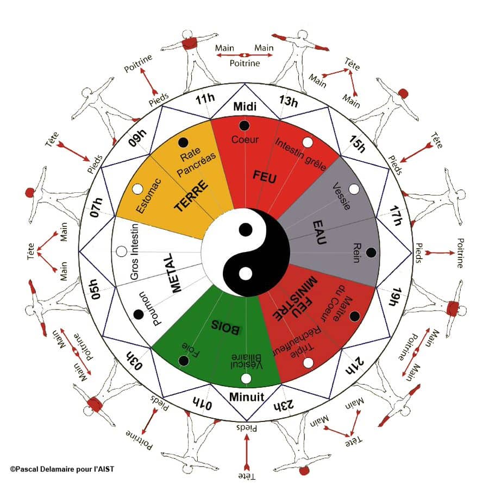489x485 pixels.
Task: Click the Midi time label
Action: click(x=245, y=106)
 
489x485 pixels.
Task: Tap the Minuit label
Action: click(x=246, y=397)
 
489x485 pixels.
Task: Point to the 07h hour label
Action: click(x=96, y=207)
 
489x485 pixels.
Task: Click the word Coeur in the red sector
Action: click(x=245, y=140)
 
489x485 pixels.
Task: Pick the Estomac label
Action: click(x=149, y=196)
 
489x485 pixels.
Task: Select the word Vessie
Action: click(x=342, y=196)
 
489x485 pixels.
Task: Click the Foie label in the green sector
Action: click(x=191, y=350)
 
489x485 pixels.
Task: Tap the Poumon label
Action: click(x=151, y=308)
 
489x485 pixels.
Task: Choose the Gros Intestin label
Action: click(x=134, y=251)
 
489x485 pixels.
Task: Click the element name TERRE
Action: click(x=191, y=196)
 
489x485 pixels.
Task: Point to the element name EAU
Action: click(x=319, y=232)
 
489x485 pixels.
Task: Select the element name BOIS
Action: click(x=226, y=326)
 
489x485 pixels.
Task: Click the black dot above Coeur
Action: click(x=244, y=125)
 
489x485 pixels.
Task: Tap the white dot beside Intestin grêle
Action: click(x=308, y=142)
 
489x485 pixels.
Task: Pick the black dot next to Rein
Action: click(x=371, y=253)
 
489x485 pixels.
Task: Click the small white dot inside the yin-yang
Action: click(x=246, y=274)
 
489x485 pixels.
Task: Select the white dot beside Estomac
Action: click(x=137, y=189)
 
